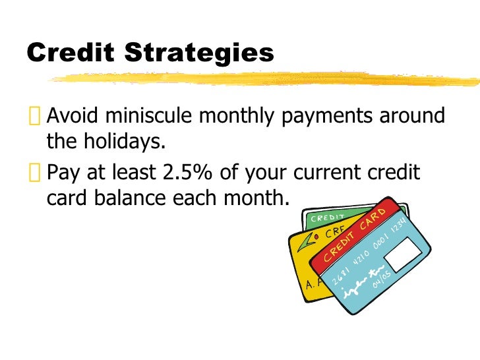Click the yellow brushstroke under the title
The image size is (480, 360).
264,78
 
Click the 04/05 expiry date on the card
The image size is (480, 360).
383,278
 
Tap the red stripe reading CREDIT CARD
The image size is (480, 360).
359,236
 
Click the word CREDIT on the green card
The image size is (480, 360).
327,217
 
